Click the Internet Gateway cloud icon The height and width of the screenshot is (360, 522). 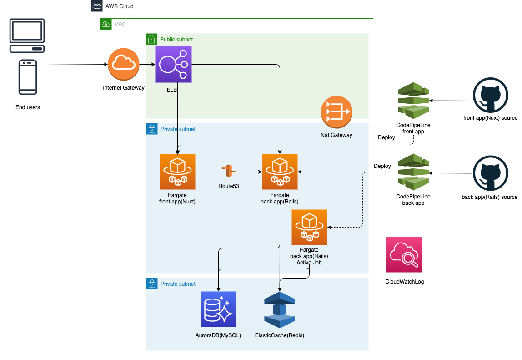[123, 64]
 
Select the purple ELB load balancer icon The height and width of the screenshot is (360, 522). [173, 64]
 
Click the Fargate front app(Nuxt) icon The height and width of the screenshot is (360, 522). [177, 172]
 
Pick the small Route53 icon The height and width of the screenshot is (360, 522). [228, 171]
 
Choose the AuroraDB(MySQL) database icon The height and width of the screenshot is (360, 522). [218, 309]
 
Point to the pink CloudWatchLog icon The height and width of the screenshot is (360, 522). [404, 254]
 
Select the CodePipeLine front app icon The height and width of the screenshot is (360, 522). [413, 101]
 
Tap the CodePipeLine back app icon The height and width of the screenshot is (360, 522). [413, 172]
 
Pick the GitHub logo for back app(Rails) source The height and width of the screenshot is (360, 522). [490, 173]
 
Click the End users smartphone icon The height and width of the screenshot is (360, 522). [28, 77]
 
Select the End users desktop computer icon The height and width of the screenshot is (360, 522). [28, 35]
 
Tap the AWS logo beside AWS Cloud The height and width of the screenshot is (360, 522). [97, 6]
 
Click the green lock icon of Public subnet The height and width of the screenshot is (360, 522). [151, 39]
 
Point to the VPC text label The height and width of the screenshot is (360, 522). [120, 24]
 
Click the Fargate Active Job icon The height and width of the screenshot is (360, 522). [309, 227]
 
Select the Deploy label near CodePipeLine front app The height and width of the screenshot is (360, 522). [386, 137]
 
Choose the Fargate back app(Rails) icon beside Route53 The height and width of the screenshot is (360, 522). [280, 172]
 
